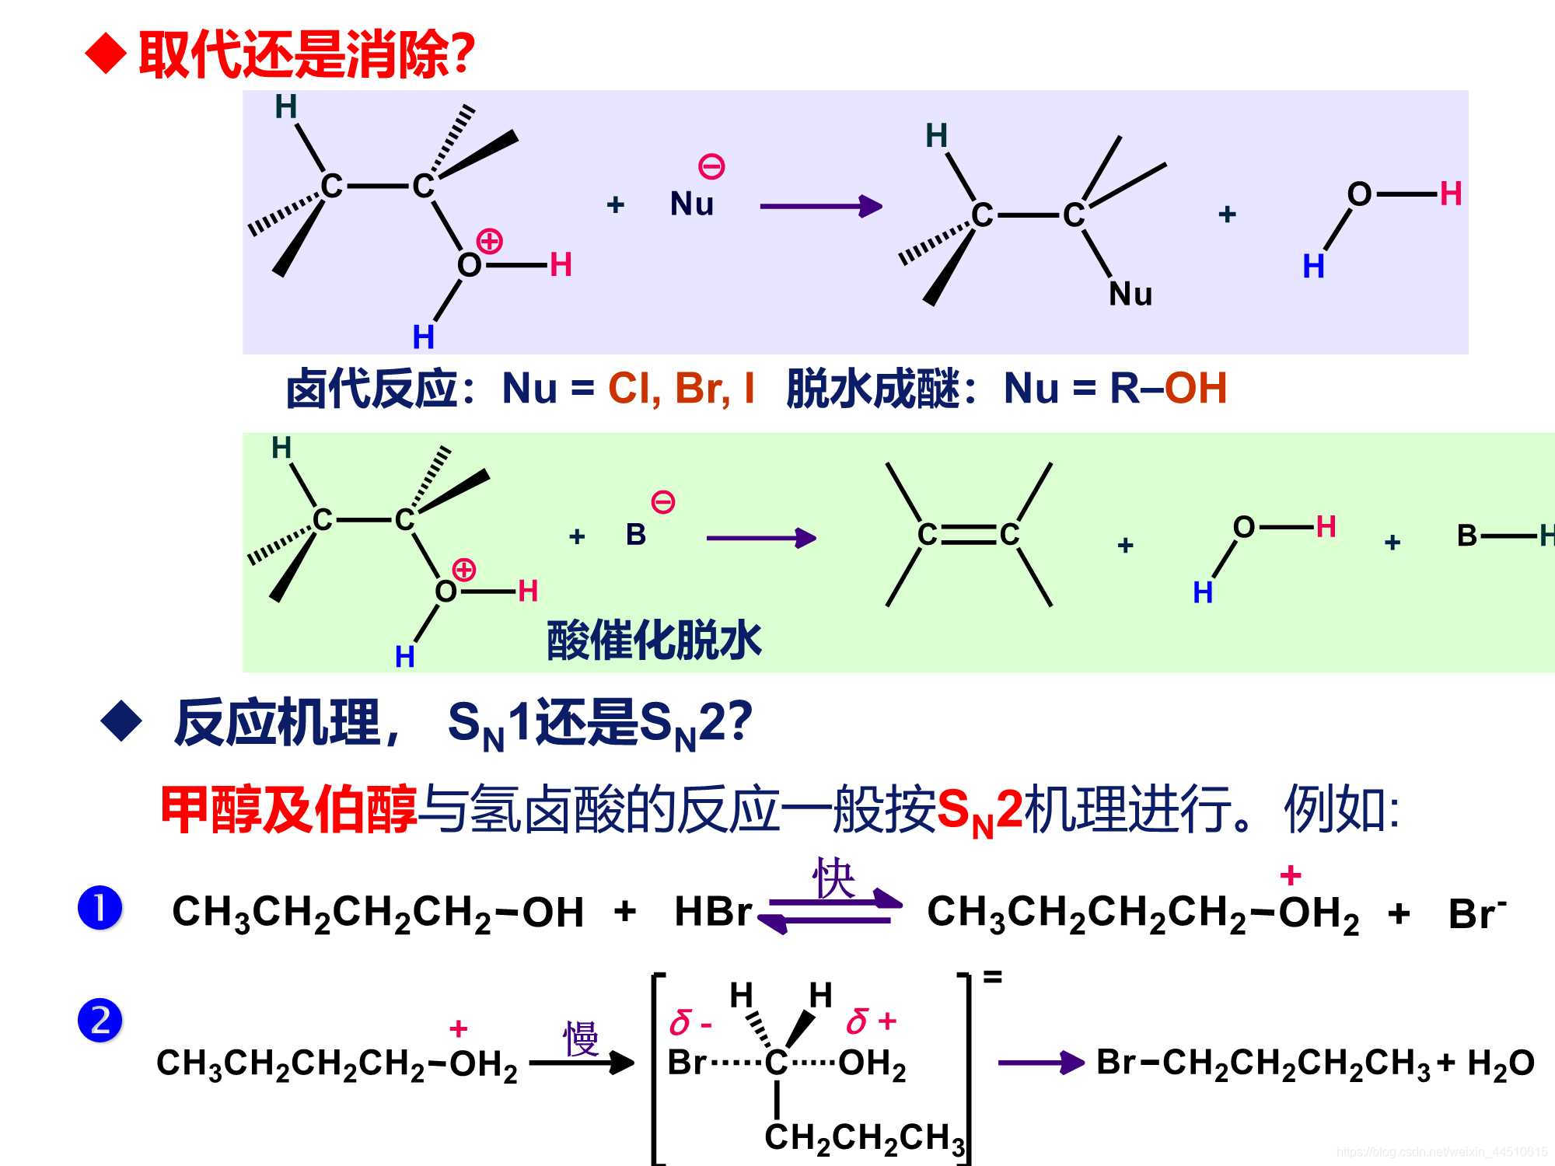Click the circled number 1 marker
[x=100, y=908]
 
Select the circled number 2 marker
[x=100, y=1021]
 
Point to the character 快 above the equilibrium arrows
[x=833, y=878]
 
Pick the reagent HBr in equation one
[x=712, y=912]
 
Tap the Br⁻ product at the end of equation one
[x=1476, y=913]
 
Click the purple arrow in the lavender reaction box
[x=820, y=206]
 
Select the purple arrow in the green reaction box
[x=760, y=538]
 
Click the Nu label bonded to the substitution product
[x=1130, y=294]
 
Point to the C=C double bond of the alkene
[x=968, y=534]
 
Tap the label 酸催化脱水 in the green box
[x=654, y=641]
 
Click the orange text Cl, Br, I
[x=681, y=388]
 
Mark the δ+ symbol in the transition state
[x=871, y=1021]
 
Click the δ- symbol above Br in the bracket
[x=690, y=1024]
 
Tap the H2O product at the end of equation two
[x=1501, y=1063]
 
